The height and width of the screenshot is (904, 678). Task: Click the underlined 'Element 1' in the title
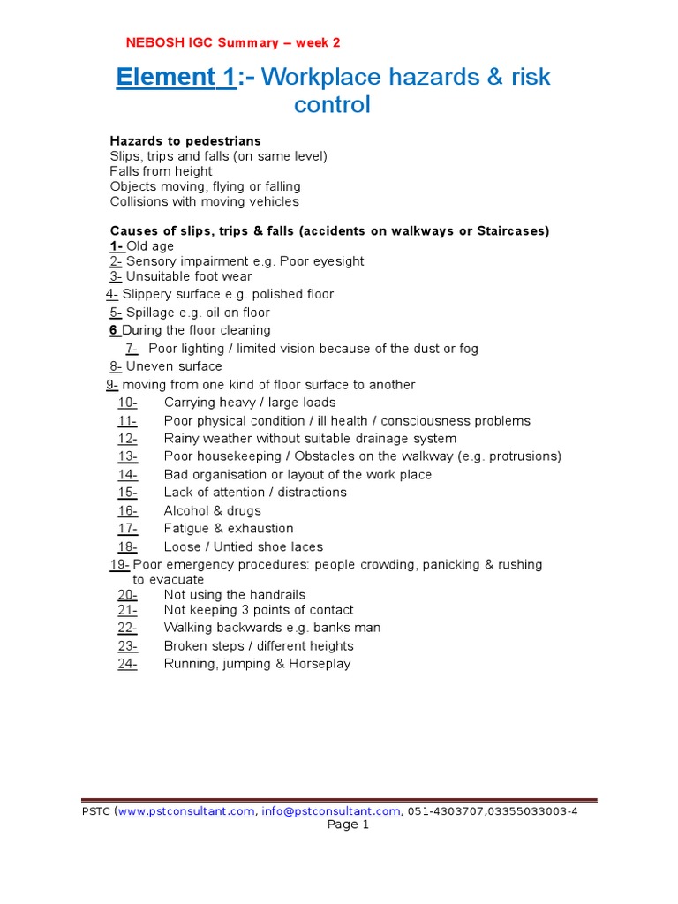(x=177, y=78)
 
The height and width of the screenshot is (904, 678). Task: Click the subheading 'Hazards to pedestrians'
(x=185, y=141)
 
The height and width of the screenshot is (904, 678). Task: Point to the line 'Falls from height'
(x=161, y=171)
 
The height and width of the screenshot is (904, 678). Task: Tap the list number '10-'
(x=127, y=403)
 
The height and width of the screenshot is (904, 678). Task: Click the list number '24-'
(x=127, y=664)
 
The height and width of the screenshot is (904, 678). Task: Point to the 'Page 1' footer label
(x=349, y=825)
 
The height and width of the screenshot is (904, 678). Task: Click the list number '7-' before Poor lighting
(x=132, y=349)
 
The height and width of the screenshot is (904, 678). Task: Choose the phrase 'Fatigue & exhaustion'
(x=229, y=529)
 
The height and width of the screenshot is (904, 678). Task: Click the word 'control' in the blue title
(x=332, y=105)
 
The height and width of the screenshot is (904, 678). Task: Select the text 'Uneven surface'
(x=174, y=366)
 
